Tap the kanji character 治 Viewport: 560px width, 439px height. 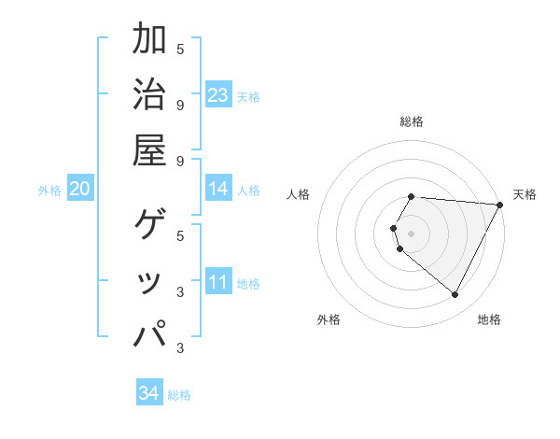pyautogui.click(x=149, y=94)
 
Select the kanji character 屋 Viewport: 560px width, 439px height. pyautogui.click(x=149, y=149)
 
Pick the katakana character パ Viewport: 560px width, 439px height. pyautogui.click(x=149, y=333)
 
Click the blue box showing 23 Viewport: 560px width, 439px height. pyautogui.click(x=218, y=95)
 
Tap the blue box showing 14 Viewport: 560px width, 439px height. pyautogui.click(x=218, y=189)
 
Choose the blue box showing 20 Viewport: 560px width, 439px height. pyautogui.click(x=80, y=190)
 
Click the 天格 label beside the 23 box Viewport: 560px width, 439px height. pyautogui.click(x=248, y=97)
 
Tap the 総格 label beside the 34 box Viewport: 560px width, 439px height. pyautogui.click(x=179, y=395)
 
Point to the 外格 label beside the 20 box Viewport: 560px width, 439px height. pyautogui.click(x=49, y=191)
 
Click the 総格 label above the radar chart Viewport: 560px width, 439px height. pyautogui.click(x=412, y=121)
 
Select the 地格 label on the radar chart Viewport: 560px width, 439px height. pyautogui.click(x=489, y=320)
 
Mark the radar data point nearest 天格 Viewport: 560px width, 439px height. pyautogui.click(x=499, y=205)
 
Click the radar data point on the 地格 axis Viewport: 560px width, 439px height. pyautogui.click(x=455, y=295)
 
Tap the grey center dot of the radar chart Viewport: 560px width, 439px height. pyautogui.click(x=412, y=233)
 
